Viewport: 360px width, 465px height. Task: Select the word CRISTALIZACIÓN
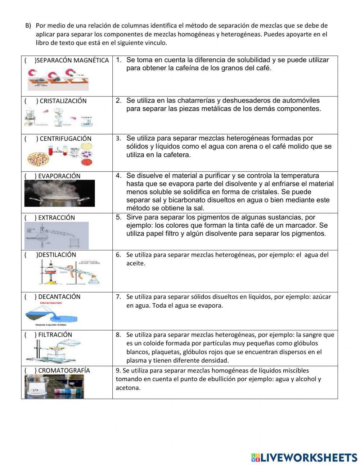(63, 101)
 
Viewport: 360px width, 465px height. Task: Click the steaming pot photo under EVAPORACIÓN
(59, 193)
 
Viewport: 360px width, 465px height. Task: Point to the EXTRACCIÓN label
(57, 218)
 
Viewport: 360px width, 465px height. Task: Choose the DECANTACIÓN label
(59, 297)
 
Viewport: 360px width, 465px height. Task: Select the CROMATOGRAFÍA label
(64, 371)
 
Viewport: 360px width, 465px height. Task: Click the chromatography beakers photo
(54, 386)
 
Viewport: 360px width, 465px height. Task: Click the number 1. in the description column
(118, 60)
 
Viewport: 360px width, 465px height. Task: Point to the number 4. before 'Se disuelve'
(118, 176)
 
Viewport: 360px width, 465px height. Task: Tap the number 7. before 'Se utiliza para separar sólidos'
(118, 297)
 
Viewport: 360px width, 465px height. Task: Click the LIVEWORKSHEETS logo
(304, 457)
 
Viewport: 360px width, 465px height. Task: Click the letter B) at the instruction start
(28, 26)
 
